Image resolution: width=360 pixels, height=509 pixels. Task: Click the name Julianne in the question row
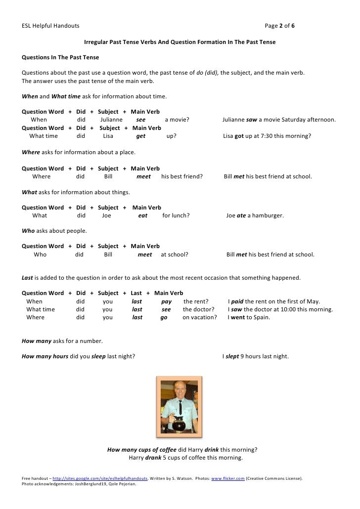click(x=111, y=120)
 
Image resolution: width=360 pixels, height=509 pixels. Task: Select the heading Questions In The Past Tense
click(x=60, y=57)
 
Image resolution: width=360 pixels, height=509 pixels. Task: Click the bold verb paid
click(x=238, y=301)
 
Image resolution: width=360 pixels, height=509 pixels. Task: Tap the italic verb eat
click(x=142, y=215)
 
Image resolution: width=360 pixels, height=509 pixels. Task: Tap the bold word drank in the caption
click(x=153, y=458)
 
